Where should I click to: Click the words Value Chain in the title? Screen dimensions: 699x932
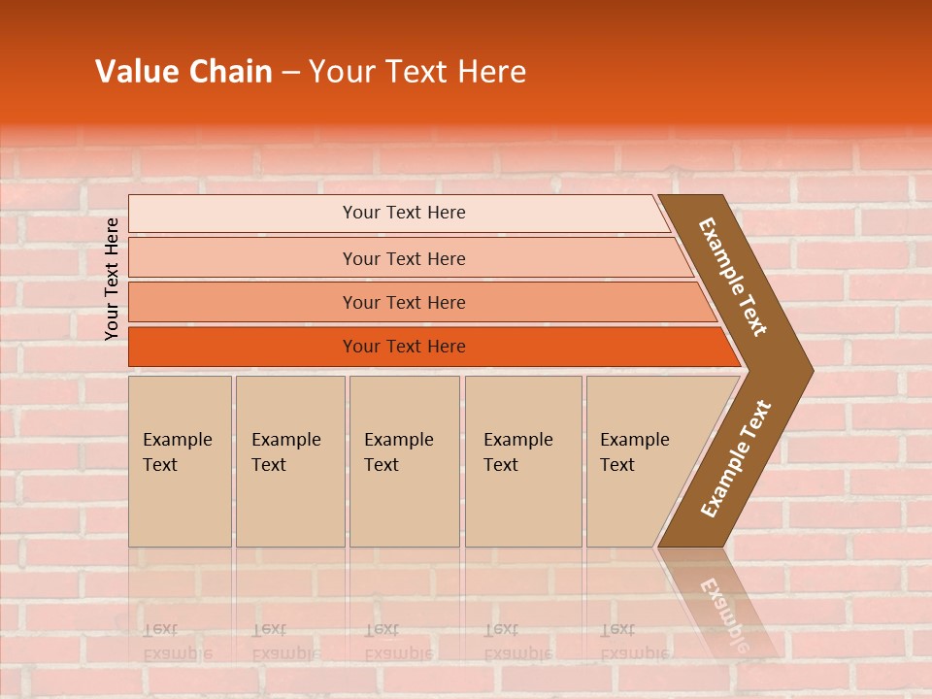coord(183,72)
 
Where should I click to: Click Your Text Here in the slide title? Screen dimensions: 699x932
coord(417,72)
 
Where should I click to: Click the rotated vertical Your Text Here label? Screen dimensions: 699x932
coord(112,279)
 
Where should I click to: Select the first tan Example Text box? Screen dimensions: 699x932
coord(180,461)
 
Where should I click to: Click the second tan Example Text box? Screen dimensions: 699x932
coord(289,461)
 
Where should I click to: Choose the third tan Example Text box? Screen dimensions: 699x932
coord(404,461)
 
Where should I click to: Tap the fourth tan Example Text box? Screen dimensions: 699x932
coord(523,461)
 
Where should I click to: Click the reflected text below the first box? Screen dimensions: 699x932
coord(177,641)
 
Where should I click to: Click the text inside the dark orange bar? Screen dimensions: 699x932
coord(404,347)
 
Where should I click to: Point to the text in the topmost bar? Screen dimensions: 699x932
coord(404,213)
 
